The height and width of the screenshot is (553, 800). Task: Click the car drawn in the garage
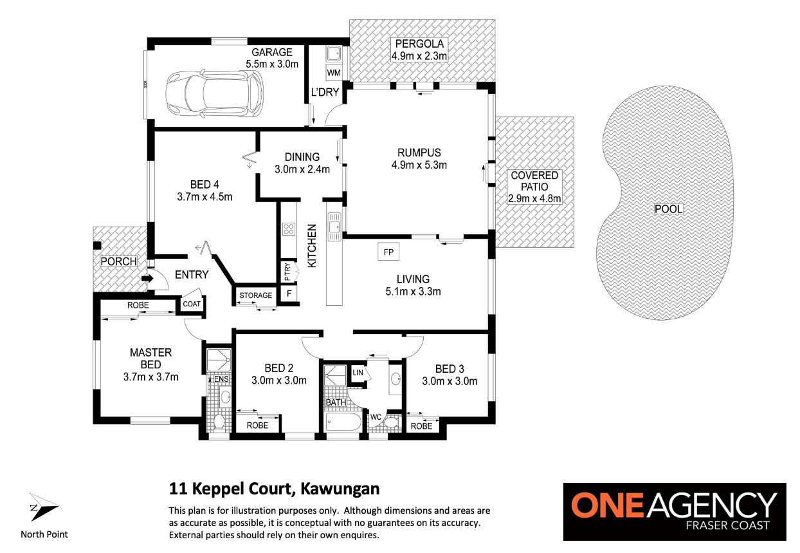tap(215, 93)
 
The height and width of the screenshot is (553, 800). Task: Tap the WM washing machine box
tap(334, 73)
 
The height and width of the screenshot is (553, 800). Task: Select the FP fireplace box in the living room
tap(388, 252)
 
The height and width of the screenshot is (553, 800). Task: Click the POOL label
tap(668, 209)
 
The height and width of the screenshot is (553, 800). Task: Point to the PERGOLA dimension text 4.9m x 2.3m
tap(419, 56)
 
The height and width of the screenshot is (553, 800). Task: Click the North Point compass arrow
tap(44, 507)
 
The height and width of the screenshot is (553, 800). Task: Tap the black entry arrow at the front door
tap(147, 278)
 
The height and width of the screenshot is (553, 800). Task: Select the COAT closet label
tap(192, 304)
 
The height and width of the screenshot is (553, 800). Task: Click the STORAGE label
tap(256, 295)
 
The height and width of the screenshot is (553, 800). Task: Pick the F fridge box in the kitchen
tap(289, 294)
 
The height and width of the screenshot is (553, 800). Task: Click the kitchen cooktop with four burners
tap(289, 229)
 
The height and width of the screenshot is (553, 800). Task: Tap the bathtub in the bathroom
tap(343, 422)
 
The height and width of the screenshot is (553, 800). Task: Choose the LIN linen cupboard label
tap(358, 373)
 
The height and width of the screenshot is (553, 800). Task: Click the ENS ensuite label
tap(221, 379)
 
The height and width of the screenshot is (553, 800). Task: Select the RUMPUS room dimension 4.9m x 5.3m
tap(419, 165)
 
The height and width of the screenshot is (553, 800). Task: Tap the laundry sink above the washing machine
tap(334, 54)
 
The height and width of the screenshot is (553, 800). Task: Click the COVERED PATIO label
tap(534, 181)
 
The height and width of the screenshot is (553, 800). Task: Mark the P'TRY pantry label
tap(287, 272)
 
